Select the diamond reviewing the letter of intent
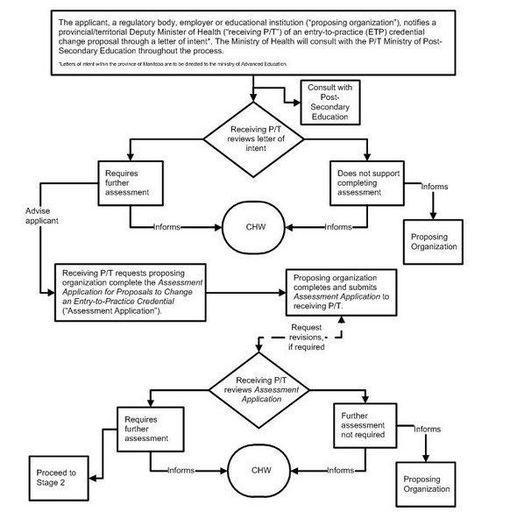(253, 144)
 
